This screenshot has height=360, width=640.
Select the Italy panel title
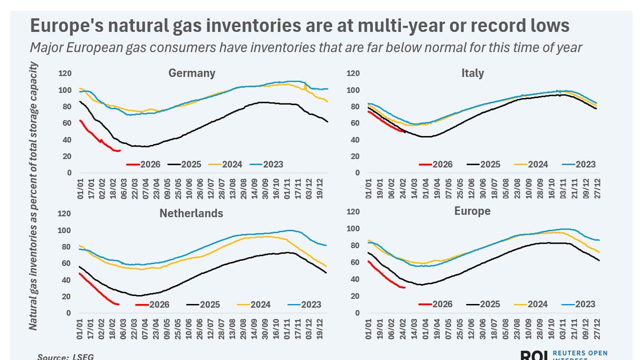(x=472, y=73)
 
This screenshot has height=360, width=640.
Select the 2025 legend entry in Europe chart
(x=487, y=304)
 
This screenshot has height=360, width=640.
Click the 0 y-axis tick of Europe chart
(x=356, y=313)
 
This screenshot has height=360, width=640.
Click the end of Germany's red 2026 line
(x=120, y=150)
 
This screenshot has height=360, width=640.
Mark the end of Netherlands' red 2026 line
(x=118, y=304)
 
